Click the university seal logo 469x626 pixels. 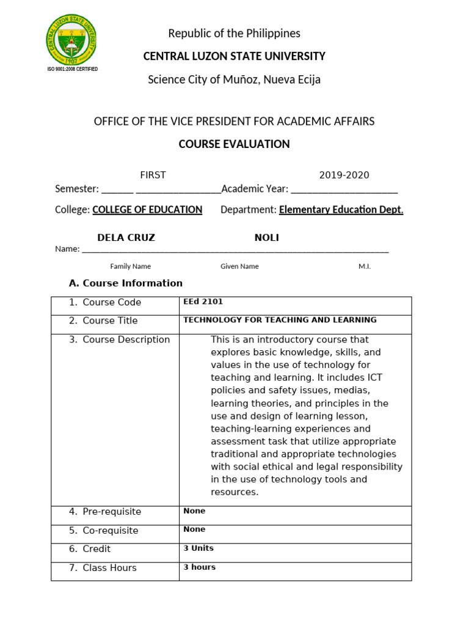(x=71, y=40)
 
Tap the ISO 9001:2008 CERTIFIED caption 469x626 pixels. (x=72, y=69)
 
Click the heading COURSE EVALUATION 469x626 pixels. (x=234, y=144)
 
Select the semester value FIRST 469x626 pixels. (x=153, y=175)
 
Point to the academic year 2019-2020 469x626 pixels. (x=344, y=175)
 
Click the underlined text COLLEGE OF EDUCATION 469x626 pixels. (x=147, y=210)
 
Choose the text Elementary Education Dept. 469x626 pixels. (x=341, y=210)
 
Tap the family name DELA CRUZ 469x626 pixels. (x=126, y=237)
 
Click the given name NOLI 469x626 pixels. (x=266, y=237)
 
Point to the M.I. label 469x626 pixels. (x=364, y=266)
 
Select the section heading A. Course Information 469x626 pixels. (x=126, y=283)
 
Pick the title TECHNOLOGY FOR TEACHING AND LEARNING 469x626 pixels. (x=280, y=320)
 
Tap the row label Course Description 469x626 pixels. (x=126, y=339)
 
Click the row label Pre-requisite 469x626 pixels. (x=112, y=511)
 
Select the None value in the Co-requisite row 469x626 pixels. (x=194, y=529)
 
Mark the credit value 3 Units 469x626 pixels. (x=198, y=548)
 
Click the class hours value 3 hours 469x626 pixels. (x=200, y=567)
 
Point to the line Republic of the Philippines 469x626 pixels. (x=234, y=33)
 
